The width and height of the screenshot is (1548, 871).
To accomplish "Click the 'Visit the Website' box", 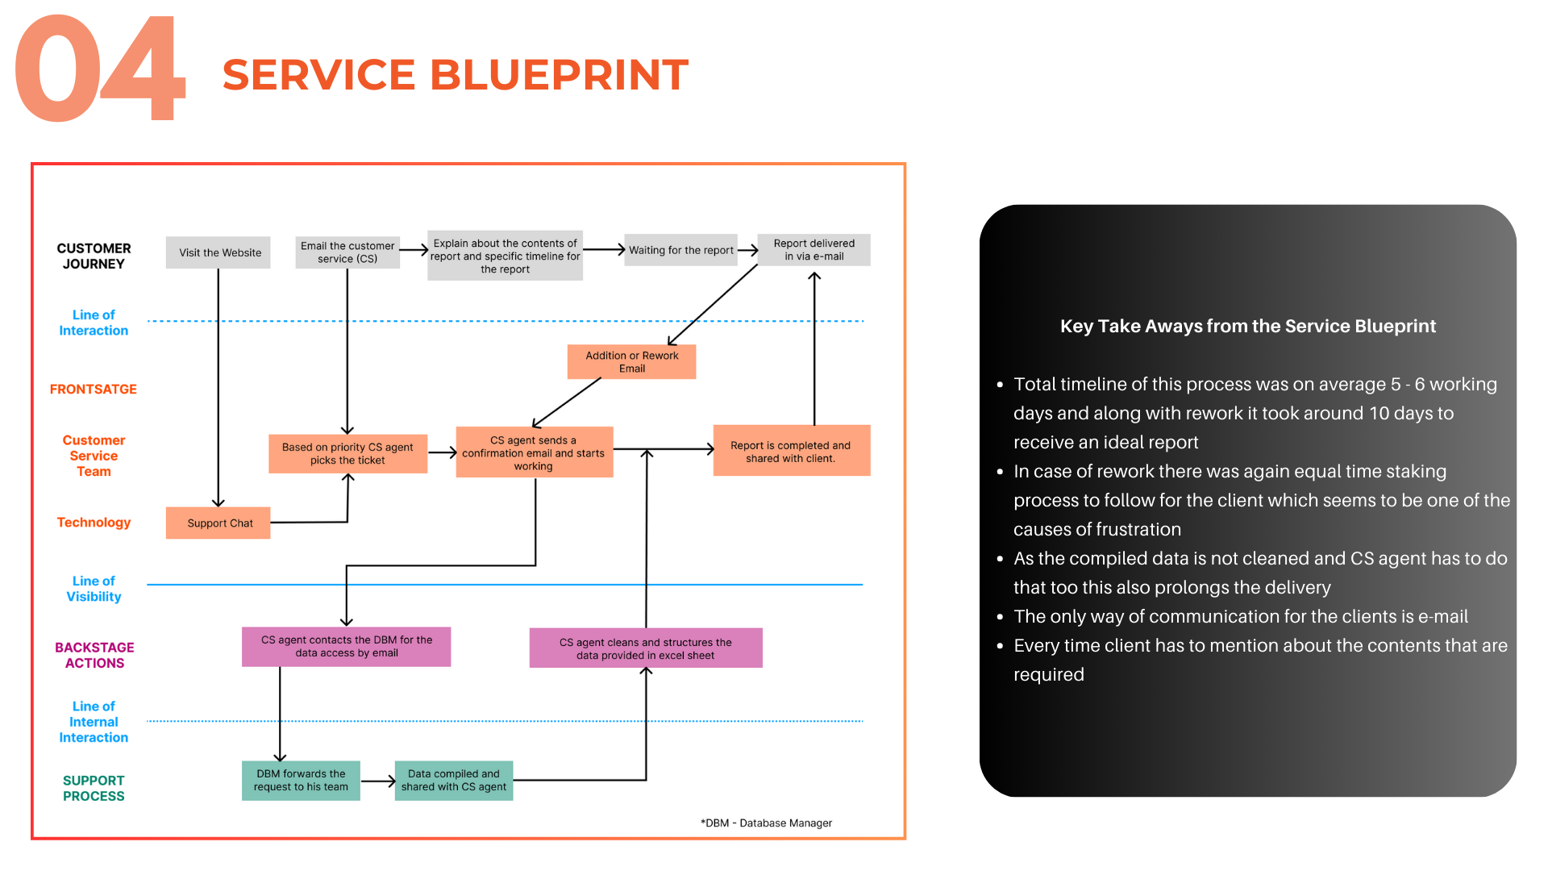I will point(218,252).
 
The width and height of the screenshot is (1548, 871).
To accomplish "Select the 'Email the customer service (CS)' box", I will point(347,252).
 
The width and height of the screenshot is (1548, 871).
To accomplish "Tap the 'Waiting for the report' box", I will point(680,250).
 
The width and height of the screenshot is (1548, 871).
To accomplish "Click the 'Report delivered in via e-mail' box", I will point(814,250).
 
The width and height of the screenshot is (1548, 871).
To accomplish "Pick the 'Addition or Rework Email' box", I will point(631,362).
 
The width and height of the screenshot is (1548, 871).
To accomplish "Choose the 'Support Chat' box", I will point(218,523).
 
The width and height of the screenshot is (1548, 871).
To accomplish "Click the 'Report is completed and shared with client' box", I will point(791,451).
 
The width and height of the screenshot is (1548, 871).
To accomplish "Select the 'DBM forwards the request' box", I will point(301,781).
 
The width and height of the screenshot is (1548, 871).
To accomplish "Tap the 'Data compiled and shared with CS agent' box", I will point(453,781).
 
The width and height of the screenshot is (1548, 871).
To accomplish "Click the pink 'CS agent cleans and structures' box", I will point(645,648).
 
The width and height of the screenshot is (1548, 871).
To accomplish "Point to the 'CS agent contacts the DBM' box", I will point(346,647).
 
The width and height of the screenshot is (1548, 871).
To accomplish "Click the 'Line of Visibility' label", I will point(94,589).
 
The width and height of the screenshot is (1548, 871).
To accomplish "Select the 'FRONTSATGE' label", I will point(94,390).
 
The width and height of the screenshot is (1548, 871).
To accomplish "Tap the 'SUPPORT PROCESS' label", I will point(94,788).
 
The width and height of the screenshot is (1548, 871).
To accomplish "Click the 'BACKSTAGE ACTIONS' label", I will point(94,656).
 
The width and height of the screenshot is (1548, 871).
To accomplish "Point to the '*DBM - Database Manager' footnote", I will point(766,823).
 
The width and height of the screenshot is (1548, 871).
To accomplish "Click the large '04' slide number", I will point(101,71).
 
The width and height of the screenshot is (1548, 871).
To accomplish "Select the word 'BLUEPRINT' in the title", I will point(560,75).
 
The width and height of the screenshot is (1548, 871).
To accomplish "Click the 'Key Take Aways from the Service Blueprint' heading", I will point(1247,327).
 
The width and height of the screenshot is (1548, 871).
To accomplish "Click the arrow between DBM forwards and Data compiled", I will point(377,781).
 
